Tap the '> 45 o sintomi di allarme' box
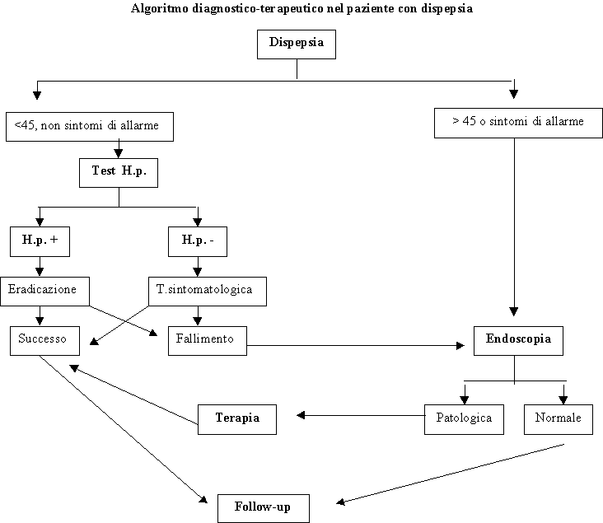tap(517, 123)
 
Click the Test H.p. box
tap(119, 171)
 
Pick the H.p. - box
tap(198, 240)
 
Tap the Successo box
tap(44, 339)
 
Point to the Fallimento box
tap(207, 339)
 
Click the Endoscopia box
tap(518, 339)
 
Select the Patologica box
tap(464, 418)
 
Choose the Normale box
tap(558, 418)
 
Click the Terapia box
tap(237, 418)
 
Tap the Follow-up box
tap(265, 506)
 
